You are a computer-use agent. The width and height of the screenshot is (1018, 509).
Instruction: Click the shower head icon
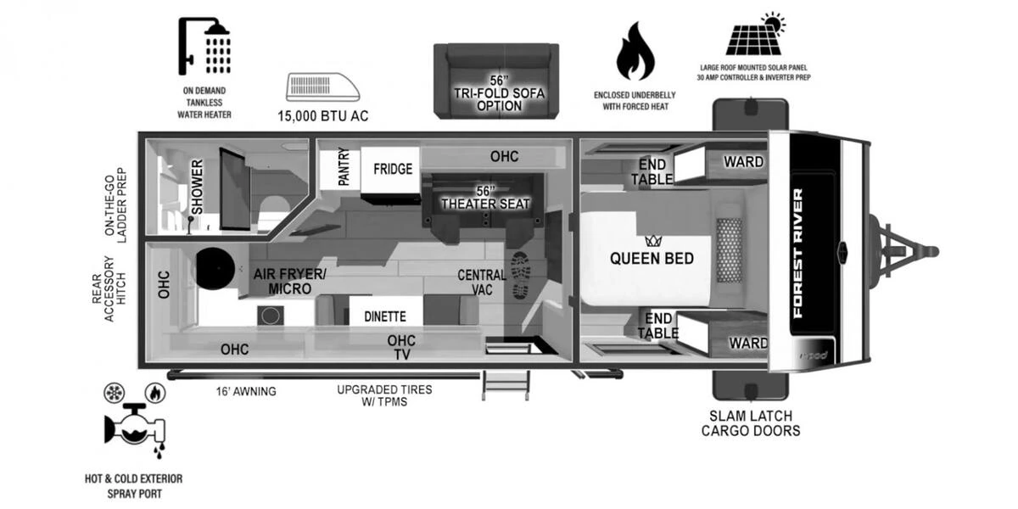point(204,46)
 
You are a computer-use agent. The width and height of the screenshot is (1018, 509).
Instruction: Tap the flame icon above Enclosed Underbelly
point(635,52)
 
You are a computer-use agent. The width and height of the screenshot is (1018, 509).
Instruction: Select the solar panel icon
point(755,35)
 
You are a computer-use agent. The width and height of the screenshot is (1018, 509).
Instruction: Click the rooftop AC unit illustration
point(322,87)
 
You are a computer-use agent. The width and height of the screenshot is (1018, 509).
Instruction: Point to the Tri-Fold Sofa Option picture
point(496,81)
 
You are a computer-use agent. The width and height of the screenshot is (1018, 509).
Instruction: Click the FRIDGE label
point(393,169)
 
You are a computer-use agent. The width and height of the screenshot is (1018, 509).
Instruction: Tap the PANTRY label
point(344,166)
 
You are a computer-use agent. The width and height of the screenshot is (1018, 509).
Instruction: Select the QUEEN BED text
point(652,259)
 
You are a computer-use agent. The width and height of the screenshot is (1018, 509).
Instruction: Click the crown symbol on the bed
point(653,241)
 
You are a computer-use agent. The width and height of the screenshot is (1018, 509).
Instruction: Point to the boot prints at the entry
point(520,275)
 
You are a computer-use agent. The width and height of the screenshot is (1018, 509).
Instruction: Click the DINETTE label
point(385,316)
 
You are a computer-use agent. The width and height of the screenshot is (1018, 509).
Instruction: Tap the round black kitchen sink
point(215,269)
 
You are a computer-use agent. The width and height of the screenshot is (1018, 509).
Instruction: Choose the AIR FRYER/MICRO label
point(290,282)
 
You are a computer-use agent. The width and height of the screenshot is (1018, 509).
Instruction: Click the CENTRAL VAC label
point(482,282)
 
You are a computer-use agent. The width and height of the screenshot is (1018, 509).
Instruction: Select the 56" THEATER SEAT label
point(485,198)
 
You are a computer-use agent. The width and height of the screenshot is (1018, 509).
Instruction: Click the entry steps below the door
point(506,385)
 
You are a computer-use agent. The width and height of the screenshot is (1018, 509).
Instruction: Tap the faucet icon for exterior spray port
point(135,428)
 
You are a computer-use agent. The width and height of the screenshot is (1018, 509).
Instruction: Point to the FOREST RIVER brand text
point(798,253)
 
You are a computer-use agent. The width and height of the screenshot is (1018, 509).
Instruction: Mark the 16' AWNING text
point(246,391)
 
